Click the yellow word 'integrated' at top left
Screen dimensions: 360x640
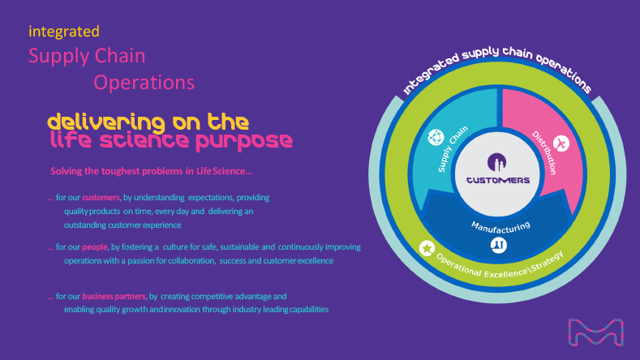63,32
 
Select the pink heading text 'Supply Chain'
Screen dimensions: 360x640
87,56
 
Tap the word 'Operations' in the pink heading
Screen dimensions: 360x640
144,82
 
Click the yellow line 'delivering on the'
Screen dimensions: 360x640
148,122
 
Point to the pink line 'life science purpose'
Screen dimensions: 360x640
170,140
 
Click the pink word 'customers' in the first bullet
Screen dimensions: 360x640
101,197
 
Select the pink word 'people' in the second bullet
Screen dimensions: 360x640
95,246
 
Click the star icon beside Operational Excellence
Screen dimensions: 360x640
427,248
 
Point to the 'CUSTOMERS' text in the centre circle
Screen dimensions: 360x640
499,179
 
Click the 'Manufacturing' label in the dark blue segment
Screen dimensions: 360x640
500,225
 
